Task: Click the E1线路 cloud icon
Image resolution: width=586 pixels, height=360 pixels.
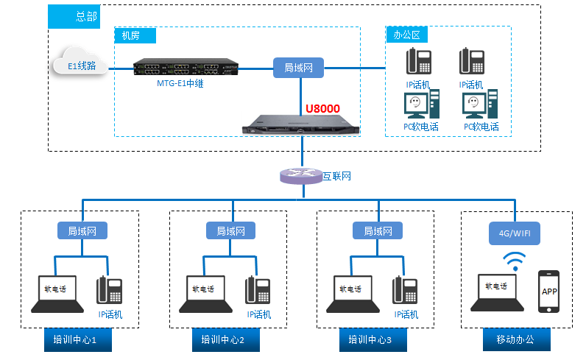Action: tap(80, 65)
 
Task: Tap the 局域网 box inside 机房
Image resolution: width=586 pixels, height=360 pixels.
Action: tap(298, 68)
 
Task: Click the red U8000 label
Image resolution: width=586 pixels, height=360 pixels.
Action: tap(322, 109)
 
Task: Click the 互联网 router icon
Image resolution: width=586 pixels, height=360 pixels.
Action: tap(301, 176)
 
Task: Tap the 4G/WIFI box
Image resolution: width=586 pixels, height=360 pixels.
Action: tap(515, 233)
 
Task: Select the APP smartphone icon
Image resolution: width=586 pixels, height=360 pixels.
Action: tap(549, 290)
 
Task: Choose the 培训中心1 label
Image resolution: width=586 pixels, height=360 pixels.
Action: tap(80, 340)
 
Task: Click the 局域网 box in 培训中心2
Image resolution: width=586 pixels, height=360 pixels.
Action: tap(231, 230)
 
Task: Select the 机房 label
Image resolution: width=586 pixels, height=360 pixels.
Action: tap(130, 35)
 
